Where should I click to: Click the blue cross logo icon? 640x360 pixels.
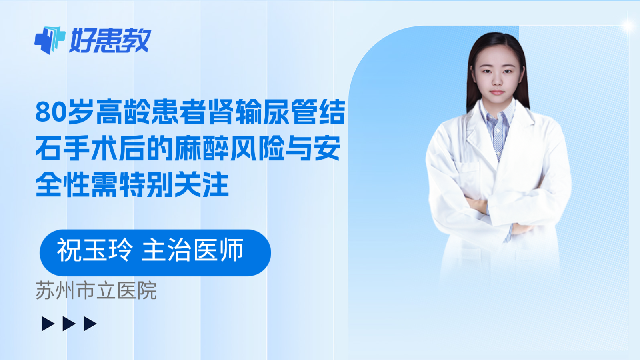point(50,40)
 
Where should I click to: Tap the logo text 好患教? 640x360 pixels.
point(110,40)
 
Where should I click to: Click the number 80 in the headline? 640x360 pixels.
point(50,112)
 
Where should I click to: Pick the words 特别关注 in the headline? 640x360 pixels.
point(174,185)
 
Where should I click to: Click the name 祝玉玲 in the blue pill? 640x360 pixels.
point(94,250)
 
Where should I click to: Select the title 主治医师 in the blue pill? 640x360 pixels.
point(193,250)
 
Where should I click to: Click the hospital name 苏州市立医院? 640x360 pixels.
point(96,291)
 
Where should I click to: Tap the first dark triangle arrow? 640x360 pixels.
point(48,324)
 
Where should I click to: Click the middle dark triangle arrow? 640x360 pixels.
point(69,324)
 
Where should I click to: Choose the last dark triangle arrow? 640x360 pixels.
point(90,324)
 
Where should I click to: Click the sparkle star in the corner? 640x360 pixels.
point(628,26)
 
